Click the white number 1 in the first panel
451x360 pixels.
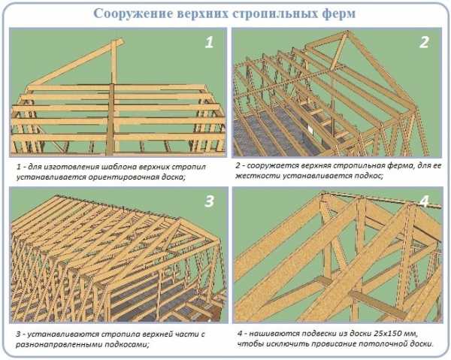pos(209,42)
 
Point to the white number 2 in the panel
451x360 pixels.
pos(424,42)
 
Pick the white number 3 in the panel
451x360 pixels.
pos(209,201)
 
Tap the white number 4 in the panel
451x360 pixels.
pos(425,201)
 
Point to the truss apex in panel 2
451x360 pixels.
pos(348,32)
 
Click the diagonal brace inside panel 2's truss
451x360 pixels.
pos(339,51)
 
